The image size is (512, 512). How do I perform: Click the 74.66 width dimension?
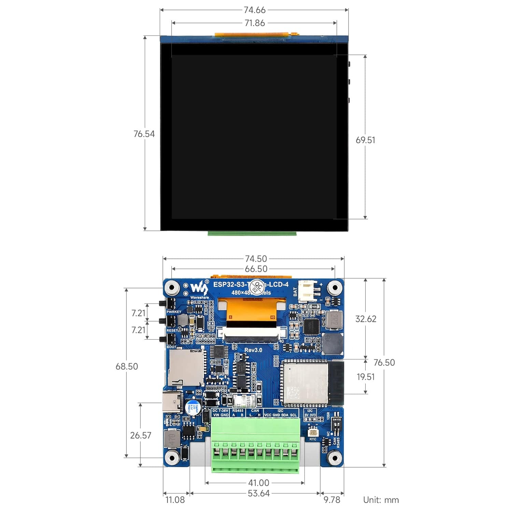point(254,10)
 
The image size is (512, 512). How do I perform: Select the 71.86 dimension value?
point(255,23)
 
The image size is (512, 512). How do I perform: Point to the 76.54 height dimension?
point(144,134)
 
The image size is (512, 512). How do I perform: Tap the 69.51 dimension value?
point(365,140)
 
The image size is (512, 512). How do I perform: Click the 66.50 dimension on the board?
point(256,269)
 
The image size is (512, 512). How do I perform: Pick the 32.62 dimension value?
point(366,319)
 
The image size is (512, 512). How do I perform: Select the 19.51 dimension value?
point(366,377)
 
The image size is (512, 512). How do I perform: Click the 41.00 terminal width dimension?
point(258,483)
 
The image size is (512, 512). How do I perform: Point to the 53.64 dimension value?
point(258,493)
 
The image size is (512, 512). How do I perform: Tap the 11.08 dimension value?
point(175,500)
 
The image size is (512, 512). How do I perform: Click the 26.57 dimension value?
point(140,435)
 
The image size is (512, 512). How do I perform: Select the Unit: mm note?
point(381,500)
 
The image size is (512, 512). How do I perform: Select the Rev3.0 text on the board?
point(253,350)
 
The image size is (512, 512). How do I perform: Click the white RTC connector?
point(313,431)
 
